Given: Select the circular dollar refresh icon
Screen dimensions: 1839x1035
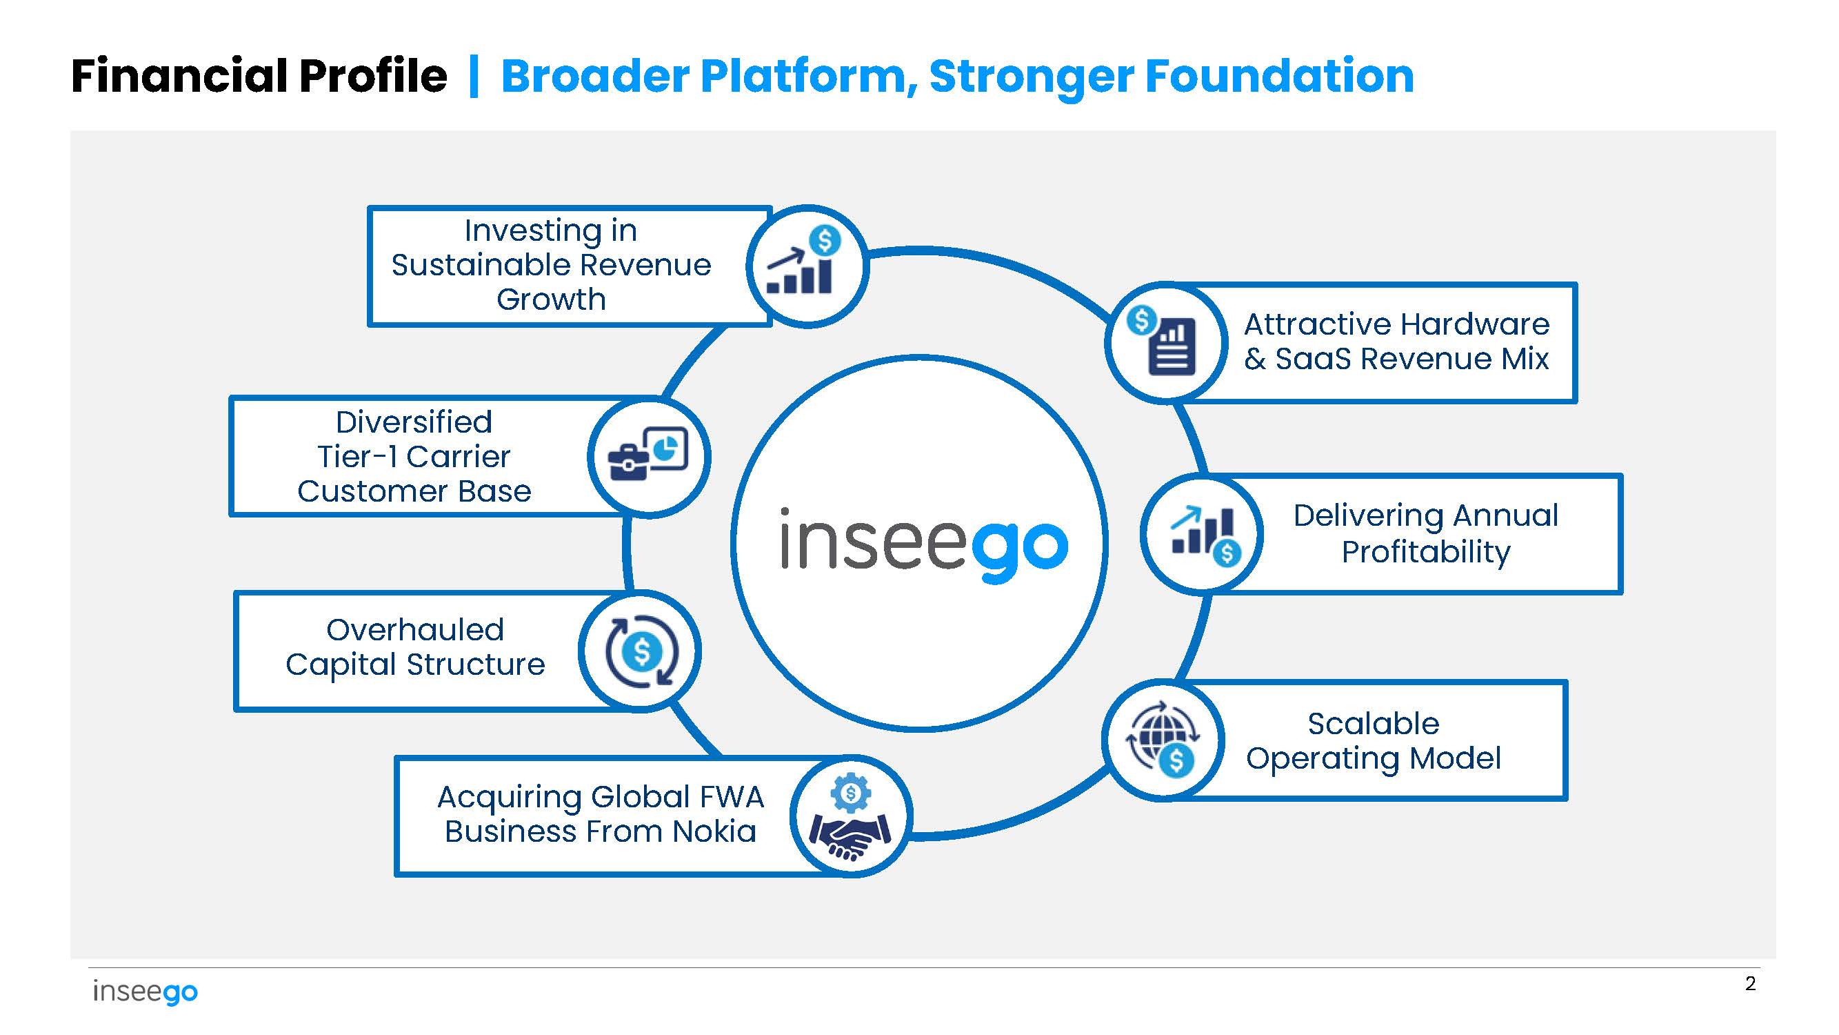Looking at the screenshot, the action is pos(641,651).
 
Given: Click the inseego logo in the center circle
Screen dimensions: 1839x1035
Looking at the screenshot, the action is pos(924,544).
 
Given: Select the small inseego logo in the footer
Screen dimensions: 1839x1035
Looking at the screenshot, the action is pos(145,992).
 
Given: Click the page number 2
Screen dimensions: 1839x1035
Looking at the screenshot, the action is pos(1750,983).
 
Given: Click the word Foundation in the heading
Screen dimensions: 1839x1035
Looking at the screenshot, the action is pos(1278,76).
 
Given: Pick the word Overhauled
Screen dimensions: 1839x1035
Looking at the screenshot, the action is pos(415,630).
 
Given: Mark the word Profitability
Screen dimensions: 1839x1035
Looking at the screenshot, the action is pos(1426,552).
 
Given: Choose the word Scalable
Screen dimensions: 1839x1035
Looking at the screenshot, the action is pos(1373,724).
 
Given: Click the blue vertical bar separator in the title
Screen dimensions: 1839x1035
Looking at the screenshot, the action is pos(473,76).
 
